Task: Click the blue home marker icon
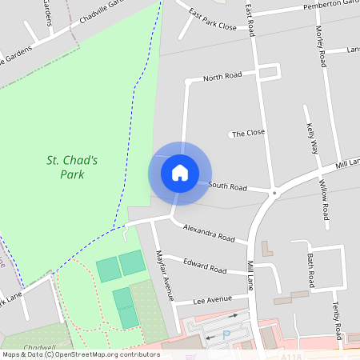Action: (180, 172)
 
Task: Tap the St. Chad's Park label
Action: (72, 167)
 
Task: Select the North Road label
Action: (222, 77)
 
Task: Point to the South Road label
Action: (228, 186)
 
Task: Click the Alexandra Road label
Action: (209, 233)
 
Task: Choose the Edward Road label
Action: (206, 266)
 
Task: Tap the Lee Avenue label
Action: (213, 300)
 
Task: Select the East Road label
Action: (250, 19)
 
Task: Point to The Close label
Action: (250, 133)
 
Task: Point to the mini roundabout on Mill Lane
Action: (274, 192)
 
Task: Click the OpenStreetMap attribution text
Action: (81, 354)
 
